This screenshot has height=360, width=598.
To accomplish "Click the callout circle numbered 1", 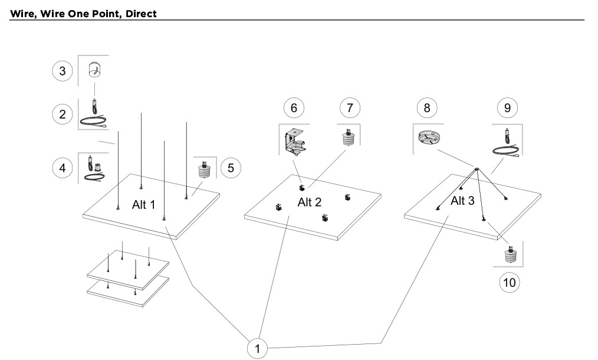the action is [257, 348].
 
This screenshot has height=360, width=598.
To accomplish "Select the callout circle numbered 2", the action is [62, 114].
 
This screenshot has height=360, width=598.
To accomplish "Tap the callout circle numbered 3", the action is [62, 71].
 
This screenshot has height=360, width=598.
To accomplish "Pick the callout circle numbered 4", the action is [62, 168].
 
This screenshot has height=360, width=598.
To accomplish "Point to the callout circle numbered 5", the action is [231, 168].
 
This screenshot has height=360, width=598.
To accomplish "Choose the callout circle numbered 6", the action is [294, 108].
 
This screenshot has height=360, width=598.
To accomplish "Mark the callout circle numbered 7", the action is [350, 108].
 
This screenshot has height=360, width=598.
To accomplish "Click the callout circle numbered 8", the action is [427, 108].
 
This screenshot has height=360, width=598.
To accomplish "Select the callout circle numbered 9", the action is [507, 108].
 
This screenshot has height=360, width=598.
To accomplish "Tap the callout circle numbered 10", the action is [510, 283].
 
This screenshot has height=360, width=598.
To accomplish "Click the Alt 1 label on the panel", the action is [144, 205].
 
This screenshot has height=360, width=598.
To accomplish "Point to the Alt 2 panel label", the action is [309, 202].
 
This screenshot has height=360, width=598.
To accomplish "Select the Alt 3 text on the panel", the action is [462, 201].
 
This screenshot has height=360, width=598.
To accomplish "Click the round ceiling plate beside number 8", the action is [429, 138].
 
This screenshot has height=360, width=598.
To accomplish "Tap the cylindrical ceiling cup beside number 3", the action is [94, 70].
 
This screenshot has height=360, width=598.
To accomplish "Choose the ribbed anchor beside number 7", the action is [348, 138].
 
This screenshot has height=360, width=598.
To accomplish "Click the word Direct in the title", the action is [142, 14].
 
